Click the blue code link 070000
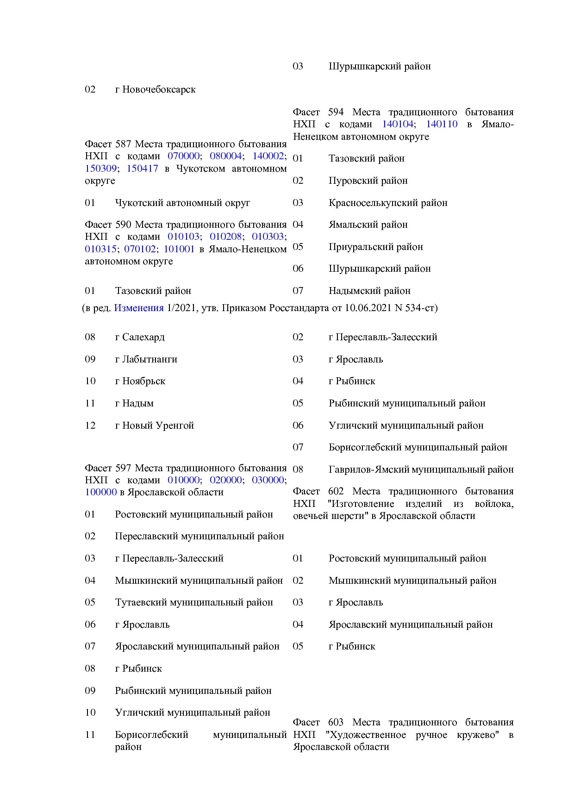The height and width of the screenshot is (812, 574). click(x=183, y=156)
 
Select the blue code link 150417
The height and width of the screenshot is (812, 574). click(x=142, y=169)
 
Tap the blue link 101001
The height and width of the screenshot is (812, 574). click(x=179, y=249)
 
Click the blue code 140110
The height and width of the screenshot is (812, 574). click(x=442, y=124)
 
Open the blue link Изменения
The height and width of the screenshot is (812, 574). click(x=139, y=308)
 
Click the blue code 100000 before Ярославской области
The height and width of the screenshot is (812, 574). click(x=100, y=492)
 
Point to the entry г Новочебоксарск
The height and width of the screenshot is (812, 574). click(x=155, y=89)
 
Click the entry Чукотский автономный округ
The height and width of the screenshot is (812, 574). click(x=182, y=203)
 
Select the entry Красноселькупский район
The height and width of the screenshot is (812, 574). click(x=388, y=203)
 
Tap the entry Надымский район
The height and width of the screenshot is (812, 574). click(x=369, y=291)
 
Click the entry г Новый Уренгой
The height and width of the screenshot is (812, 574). click(x=155, y=425)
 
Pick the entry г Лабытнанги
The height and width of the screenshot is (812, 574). click(x=146, y=359)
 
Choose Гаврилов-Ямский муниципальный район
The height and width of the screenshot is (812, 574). click(x=421, y=469)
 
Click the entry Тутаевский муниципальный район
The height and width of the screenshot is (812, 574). click(x=194, y=602)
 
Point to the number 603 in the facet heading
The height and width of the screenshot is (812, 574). click(x=336, y=722)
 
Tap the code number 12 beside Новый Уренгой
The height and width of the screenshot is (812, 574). click(x=90, y=425)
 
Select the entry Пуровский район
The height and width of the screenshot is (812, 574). click(x=368, y=181)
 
